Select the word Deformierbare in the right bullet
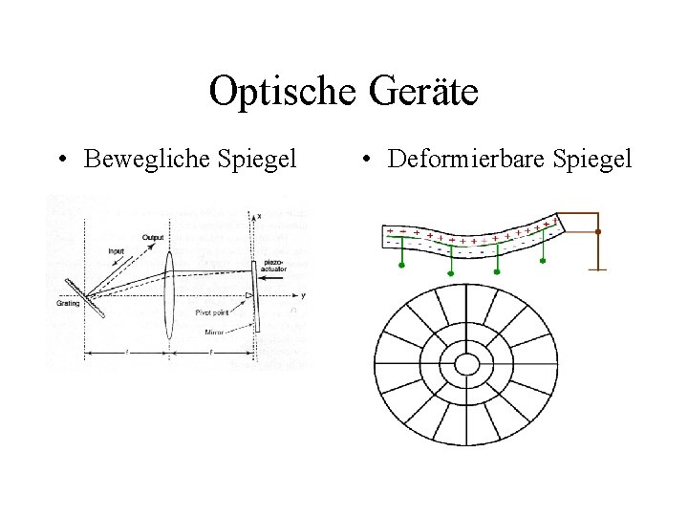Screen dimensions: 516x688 (462, 158)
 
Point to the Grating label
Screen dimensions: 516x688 (69, 305)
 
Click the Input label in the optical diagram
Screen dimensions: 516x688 (116, 251)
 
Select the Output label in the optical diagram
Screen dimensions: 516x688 (152, 237)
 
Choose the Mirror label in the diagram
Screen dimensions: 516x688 (215, 332)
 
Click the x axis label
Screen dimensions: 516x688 (259, 218)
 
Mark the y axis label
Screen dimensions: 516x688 (302, 295)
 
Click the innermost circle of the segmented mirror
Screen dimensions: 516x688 (467, 363)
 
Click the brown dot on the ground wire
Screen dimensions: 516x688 (598, 231)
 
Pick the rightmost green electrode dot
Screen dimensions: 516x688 (543, 259)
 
